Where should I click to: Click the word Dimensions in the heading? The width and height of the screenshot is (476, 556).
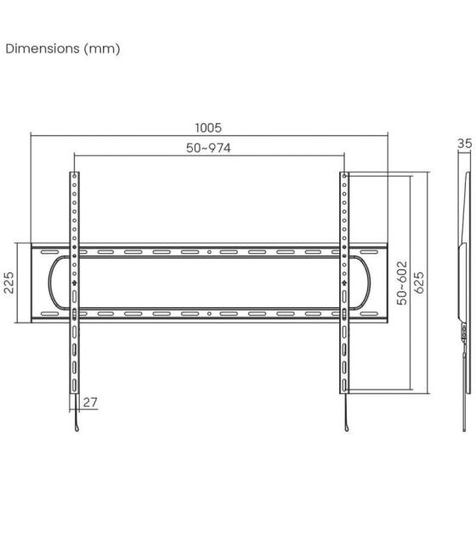point(42,48)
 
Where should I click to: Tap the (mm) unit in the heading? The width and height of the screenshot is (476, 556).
point(101,48)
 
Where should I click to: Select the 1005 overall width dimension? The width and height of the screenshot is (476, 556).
point(208,127)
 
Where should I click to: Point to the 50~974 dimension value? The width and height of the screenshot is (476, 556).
point(208,148)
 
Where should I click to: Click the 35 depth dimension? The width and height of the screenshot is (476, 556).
point(464,144)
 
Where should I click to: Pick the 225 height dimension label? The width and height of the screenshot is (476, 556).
point(9,283)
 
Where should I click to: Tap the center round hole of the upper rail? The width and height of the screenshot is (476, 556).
point(209,252)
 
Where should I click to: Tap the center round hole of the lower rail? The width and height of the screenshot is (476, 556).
point(209,313)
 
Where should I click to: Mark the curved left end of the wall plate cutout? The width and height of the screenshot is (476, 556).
point(51,283)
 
